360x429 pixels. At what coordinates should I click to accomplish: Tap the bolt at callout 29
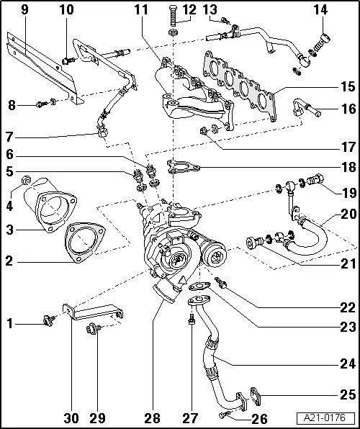(x=93, y=331)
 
